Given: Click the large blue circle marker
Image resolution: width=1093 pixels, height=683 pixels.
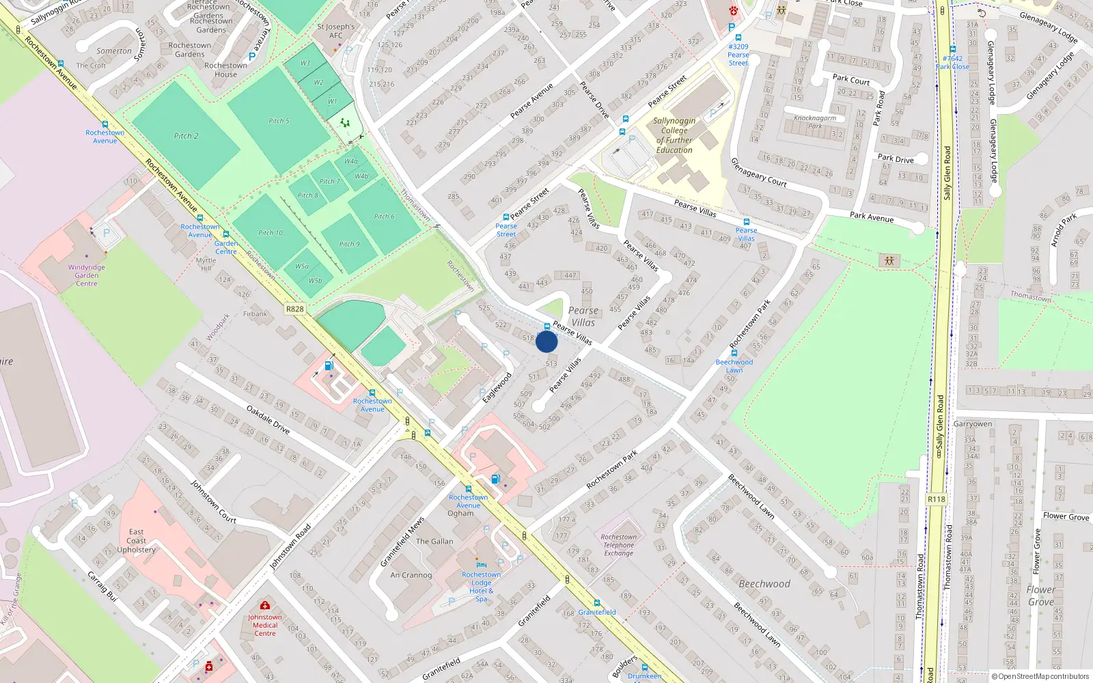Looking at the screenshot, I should pyautogui.click(x=546, y=341).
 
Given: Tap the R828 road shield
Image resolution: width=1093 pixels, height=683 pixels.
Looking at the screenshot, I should pyautogui.click(x=294, y=309).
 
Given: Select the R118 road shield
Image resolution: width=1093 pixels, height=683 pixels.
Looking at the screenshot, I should pyautogui.click(x=937, y=499).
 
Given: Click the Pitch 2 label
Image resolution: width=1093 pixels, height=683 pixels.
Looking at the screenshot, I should pyautogui.click(x=186, y=136).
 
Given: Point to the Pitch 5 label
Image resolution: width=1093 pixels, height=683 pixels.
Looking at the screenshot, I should pyautogui.click(x=279, y=121).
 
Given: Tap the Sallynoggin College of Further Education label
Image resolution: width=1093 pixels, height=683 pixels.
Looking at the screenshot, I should pyautogui.click(x=674, y=135).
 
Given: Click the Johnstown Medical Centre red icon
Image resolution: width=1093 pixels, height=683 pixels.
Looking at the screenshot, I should pyautogui.click(x=265, y=605).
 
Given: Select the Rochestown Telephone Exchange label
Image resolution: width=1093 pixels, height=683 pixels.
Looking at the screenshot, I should pyautogui.click(x=618, y=545).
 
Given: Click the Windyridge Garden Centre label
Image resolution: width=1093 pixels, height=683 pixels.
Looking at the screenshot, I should pyautogui.click(x=87, y=275).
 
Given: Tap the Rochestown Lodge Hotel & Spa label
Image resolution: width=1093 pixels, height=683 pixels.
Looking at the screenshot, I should pyautogui.click(x=481, y=586).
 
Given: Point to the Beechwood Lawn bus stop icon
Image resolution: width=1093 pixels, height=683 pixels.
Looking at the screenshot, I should pyautogui.click(x=734, y=353).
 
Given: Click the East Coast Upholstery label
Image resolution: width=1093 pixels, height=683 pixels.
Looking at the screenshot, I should pyautogui.click(x=136, y=540).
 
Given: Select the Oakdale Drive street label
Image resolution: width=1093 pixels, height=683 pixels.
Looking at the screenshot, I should pyautogui.click(x=268, y=419).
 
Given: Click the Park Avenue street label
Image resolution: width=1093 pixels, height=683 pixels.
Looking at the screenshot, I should pyautogui.click(x=871, y=217).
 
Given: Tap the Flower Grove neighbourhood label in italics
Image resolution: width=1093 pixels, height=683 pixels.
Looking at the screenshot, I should pyautogui.click(x=1040, y=596).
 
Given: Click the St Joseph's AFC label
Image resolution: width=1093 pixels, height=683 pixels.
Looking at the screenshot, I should pyautogui.click(x=336, y=31).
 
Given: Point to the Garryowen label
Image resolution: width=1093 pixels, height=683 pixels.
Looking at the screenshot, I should pyautogui.click(x=972, y=424).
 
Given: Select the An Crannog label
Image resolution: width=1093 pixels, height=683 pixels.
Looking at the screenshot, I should pyautogui.click(x=411, y=575).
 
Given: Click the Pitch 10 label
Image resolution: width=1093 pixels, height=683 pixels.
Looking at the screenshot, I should pyautogui.click(x=271, y=233).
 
